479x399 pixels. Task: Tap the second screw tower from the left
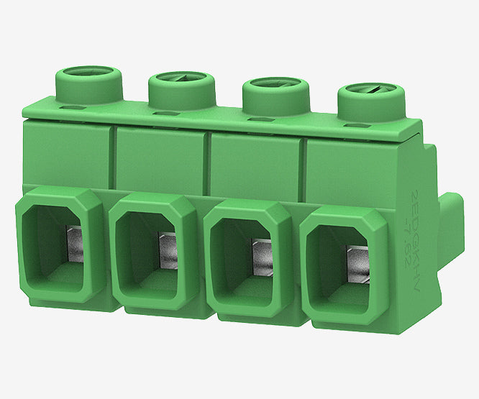(x=181, y=90)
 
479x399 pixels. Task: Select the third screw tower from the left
(x=275, y=96)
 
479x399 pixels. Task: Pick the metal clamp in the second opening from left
(x=168, y=248)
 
